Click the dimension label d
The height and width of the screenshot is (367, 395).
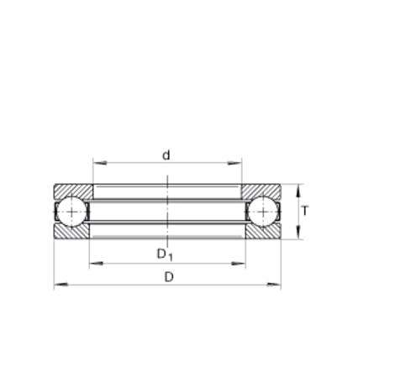(x=166, y=155)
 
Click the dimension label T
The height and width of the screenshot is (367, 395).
(x=305, y=211)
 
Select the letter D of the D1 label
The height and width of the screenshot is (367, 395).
(x=161, y=254)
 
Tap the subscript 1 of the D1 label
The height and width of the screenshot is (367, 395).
(x=170, y=257)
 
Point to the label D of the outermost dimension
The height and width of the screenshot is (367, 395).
(x=169, y=277)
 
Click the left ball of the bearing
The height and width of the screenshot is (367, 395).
(x=71, y=212)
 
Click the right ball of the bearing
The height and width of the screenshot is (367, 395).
(x=263, y=212)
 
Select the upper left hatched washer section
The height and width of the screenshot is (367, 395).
(x=73, y=191)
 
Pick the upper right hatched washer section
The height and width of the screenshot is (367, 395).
(x=261, y=191)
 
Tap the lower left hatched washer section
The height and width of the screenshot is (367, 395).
(x=71, y=231)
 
